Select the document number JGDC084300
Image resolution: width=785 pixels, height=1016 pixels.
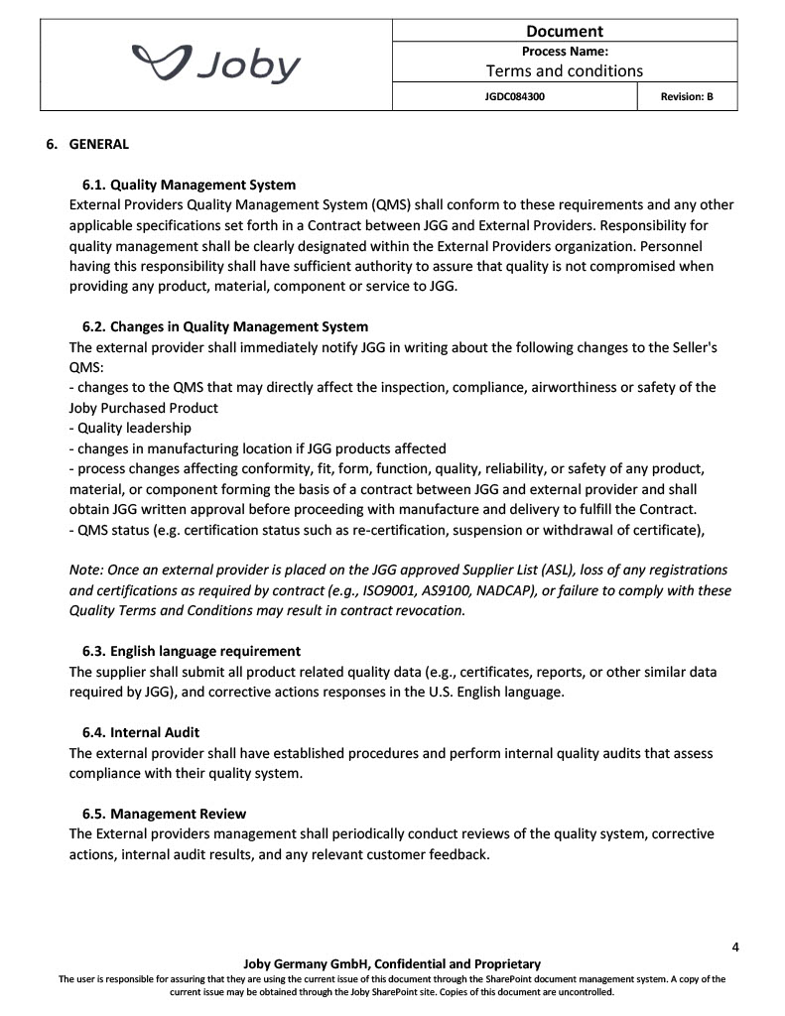click(514, 97)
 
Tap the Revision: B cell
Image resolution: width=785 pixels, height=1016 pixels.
click(687, 97)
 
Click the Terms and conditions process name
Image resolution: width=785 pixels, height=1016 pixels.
click(564, 70)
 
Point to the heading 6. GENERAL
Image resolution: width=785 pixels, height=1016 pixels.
click(98, 144)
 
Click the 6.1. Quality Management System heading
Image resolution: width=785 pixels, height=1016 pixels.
click(189, 185)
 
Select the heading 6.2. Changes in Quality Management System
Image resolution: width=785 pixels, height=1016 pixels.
click(224, 326)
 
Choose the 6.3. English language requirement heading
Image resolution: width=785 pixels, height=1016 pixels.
click(191, 651)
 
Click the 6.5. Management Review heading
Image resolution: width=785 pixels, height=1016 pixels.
click(164, 814)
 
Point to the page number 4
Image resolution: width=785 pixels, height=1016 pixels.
click(735, 947)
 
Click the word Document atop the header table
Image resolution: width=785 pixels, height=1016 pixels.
click(565, 31)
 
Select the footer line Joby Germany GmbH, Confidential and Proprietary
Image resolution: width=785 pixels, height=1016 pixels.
click(392, 963)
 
